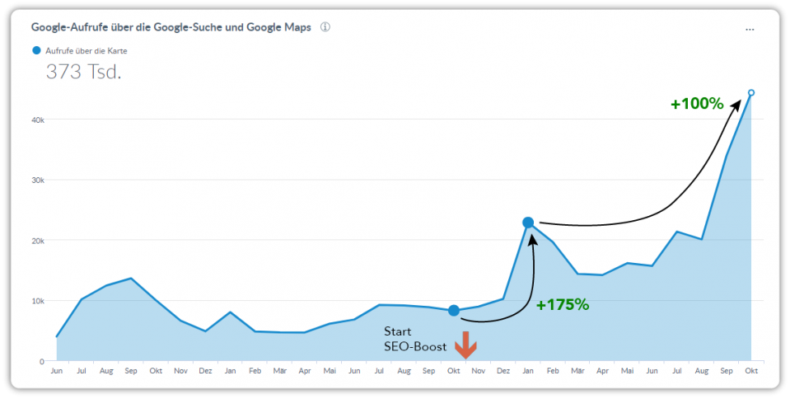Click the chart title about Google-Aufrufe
(171, 27)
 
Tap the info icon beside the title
(325, 27)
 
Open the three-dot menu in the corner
(750, 29)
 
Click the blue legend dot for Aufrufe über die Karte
(36, 51)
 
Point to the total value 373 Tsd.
(83, 72)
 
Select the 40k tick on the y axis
(37, 120)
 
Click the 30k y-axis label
(37, 180)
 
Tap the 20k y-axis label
(37, 241)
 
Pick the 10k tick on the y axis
(37, 301)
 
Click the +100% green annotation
(696, 104)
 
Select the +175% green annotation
(563, 304)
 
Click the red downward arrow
(465, 344)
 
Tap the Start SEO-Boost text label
(415, 339)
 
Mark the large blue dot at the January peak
(528, 223)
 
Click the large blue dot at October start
(453, 311)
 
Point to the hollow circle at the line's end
(751, 93)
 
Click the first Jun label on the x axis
(56, 372)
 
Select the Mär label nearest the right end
(577, 372)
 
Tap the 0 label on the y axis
(41, 361)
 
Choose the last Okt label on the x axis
(751, 372)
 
